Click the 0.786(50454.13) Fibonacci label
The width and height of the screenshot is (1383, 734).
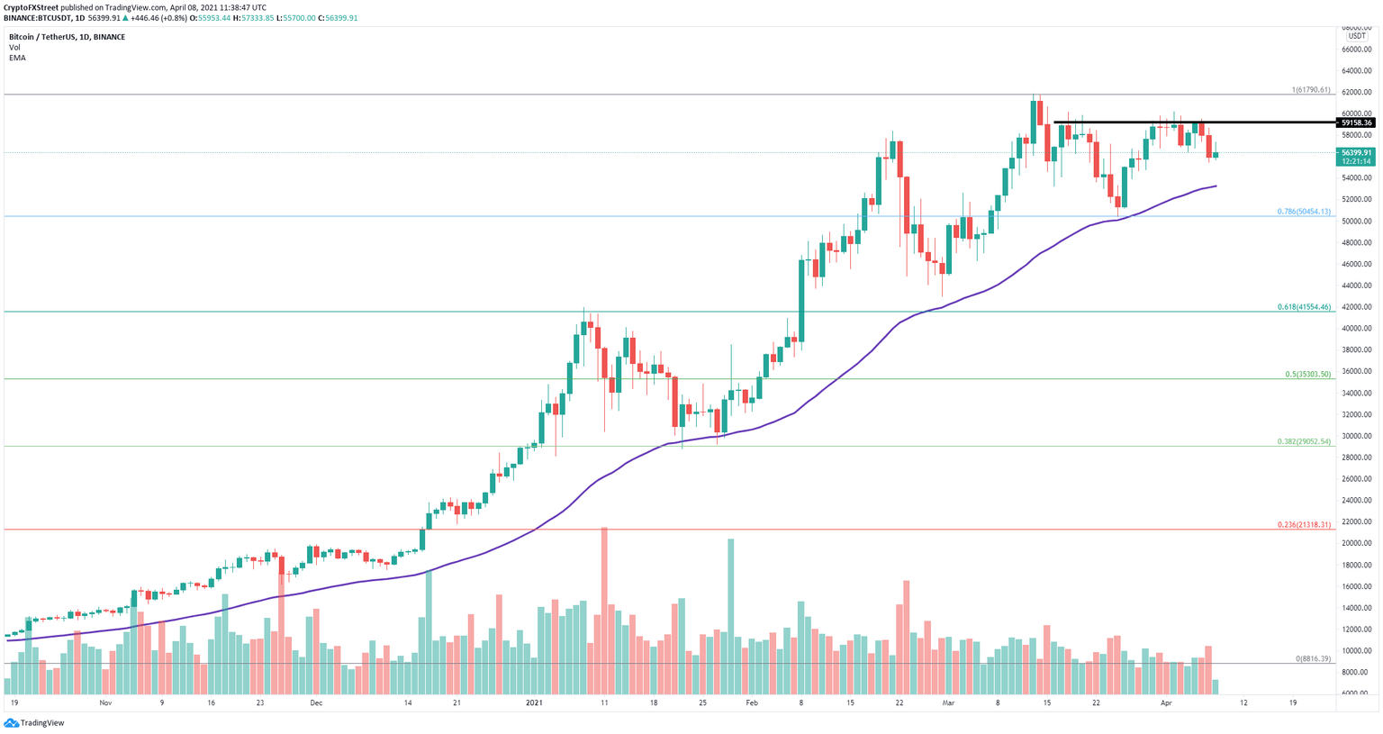[1303, 212]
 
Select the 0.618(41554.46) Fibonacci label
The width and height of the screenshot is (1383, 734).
[1303, 307]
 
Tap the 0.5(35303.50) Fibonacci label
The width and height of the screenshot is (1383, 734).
[1306, 374]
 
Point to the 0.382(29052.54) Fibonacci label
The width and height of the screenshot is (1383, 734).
[1303, 441]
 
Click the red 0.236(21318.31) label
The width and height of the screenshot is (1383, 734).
[1303, 524]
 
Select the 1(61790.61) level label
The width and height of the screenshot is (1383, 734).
[1310, 90]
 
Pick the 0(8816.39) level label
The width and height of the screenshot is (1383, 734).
[1313, 658]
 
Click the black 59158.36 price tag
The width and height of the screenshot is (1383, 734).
[1356, 122]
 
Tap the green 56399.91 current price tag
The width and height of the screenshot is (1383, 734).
[1356, 153]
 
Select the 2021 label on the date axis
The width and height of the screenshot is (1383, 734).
[535, 702]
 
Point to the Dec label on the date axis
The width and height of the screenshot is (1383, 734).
[316, 702]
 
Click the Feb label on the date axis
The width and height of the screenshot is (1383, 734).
[753, 702]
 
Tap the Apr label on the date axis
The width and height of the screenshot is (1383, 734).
[1167, 702]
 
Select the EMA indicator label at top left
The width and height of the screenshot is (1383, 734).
[17, 58]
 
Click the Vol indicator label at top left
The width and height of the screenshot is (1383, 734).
[14, 47]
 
